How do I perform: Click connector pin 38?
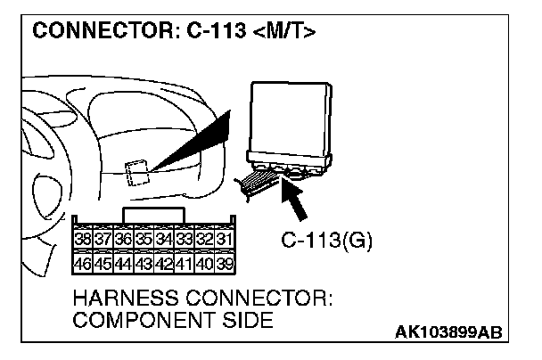[83, 239]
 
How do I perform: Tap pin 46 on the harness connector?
[83, 263]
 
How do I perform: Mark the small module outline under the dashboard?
[137, 171]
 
